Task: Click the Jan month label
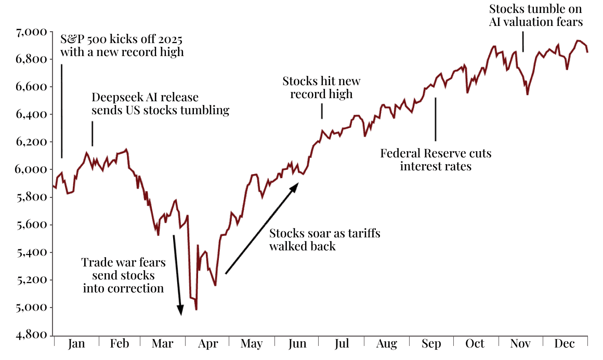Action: click(76, 344)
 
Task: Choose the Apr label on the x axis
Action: click(208, 344)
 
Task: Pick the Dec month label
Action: click(565, 344)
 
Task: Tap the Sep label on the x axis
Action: click(431, 344)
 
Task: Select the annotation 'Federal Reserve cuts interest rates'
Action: click(436, 160)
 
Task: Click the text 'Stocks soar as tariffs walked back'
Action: click(324, 239)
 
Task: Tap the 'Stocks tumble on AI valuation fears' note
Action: click(535, 16)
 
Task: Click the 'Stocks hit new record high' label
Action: click(321, 88)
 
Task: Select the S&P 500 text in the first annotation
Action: click(83, 40)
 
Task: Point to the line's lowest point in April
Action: click(196, 310)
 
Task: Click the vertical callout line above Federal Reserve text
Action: click(436, 119)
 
